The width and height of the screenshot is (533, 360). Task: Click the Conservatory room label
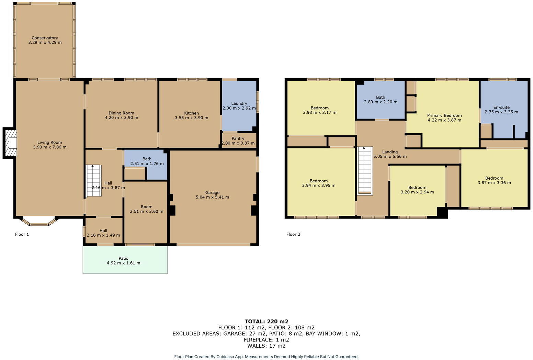click(45, 38)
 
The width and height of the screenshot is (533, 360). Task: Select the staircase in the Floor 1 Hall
click(93, 181)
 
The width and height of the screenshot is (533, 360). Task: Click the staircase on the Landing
click(365, 170)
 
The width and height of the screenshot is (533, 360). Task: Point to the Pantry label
click(238, 138)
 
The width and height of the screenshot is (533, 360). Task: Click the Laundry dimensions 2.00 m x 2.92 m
click(239, 108)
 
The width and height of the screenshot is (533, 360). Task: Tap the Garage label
click(212, 193)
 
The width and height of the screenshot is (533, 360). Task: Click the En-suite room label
click(501, 107)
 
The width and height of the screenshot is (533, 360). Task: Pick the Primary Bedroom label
click(444, 115)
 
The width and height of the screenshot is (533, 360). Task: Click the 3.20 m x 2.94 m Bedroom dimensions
click(417, 192)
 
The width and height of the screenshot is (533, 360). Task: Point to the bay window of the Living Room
click(38, 223)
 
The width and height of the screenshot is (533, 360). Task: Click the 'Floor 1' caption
click(22, 234)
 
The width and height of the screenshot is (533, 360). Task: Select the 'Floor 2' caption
click(293, 234)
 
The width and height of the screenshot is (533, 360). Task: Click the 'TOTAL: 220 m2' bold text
click(266, 322)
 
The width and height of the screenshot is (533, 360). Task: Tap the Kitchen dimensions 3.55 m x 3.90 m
click(191, 117)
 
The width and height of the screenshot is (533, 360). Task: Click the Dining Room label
click(121, 113)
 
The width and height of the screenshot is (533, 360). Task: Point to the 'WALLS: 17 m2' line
click(266, 346)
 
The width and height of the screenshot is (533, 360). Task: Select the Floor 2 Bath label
click(380, 97)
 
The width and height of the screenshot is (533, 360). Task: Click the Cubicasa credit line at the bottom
click(266, 357)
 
